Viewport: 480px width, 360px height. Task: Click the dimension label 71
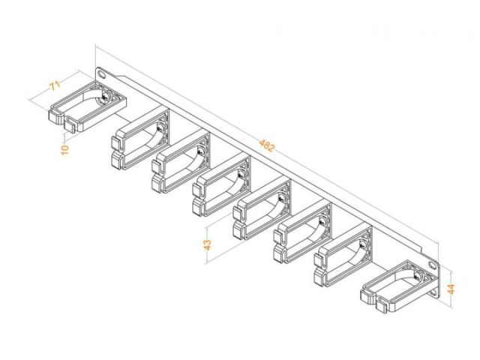click(55, 85)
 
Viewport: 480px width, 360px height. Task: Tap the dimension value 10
click(65, 150)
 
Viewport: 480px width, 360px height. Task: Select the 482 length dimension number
click(267, 145)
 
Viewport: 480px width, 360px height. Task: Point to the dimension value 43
click(208, 244)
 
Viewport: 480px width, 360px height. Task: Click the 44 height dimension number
click(451, 289)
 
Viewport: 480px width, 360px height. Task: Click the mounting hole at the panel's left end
click(101, 74)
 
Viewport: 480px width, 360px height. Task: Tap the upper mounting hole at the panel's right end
click(433, 265)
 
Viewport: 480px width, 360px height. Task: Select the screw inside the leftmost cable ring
click(105, 97)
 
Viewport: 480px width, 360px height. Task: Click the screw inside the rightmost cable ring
click(417, 276)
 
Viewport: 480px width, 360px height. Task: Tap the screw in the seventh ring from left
click(362, 244)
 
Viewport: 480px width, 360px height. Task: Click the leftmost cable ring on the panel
click(88, 107)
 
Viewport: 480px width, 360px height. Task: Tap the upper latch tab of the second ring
click(115, 142)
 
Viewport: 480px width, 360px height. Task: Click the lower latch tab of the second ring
click(115, 161)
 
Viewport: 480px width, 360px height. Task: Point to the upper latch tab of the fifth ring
click(237, 213)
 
